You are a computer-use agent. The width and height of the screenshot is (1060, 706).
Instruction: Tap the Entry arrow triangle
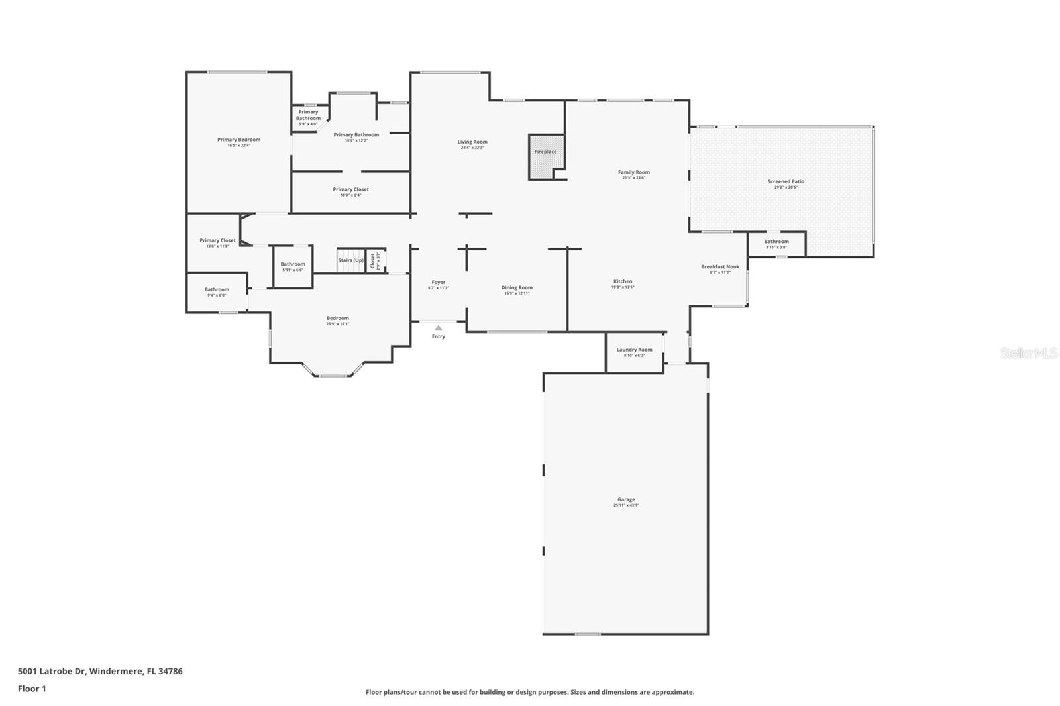coord(438,327)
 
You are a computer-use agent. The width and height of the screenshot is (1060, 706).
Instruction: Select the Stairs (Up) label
coord(350,260)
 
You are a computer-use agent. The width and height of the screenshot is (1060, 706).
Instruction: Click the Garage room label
coord(626,499)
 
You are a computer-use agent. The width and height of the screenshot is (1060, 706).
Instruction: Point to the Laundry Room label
coord(634,350)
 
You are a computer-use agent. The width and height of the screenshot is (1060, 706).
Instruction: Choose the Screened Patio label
coord(786,181)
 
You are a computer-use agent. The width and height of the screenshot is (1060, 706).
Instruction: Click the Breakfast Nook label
coord(720,267)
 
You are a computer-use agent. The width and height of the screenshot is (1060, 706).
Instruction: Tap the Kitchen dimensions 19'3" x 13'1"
coord(623,287)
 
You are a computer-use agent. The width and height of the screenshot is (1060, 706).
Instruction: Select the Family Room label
coord(633,172)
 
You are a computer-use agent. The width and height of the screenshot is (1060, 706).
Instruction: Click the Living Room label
coord(472,142)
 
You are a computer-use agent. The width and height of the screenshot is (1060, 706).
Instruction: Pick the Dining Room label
coord(517,287)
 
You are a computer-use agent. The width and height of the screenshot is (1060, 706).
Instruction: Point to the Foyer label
coord(438,282)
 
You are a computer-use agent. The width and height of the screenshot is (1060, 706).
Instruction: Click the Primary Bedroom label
coord(238,140)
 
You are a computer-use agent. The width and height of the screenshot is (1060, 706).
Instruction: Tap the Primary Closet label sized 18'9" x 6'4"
coord(350,189)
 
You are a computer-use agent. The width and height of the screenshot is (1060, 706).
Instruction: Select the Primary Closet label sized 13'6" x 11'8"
coord(217,240)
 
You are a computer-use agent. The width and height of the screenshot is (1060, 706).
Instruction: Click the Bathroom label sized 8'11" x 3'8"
coord(776,242)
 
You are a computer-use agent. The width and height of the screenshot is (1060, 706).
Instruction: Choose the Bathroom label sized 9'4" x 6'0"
coord(217,289)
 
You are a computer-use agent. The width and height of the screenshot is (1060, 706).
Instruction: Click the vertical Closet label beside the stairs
coord(372,260)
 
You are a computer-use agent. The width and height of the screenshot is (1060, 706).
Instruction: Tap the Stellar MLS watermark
coord(1028,353)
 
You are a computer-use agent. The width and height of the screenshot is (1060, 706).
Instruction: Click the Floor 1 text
coord(32,689)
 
